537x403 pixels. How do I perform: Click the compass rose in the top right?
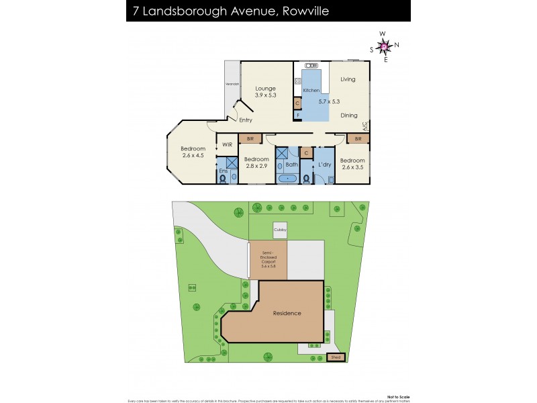click(384, 46)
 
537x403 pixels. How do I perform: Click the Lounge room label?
click(266, 88)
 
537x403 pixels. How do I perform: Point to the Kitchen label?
click(311, 90)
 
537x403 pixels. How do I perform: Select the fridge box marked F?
click(297, 116)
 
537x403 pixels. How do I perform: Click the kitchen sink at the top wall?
click(311, 65)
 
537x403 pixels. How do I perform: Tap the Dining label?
click(348, 116)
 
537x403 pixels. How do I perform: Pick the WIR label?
click(226, 144)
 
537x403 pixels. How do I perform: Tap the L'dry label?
click(325, 165)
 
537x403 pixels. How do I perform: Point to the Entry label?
click(245, 120)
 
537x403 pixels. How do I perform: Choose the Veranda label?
click(232, 84)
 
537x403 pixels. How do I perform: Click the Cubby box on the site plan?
click(280, 230)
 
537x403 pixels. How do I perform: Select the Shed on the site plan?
click(336, 357)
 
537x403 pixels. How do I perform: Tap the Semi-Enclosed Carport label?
click(268, 259)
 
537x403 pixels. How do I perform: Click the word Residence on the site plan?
click(287, 313)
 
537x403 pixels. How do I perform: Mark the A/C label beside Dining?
click(365, 126)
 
